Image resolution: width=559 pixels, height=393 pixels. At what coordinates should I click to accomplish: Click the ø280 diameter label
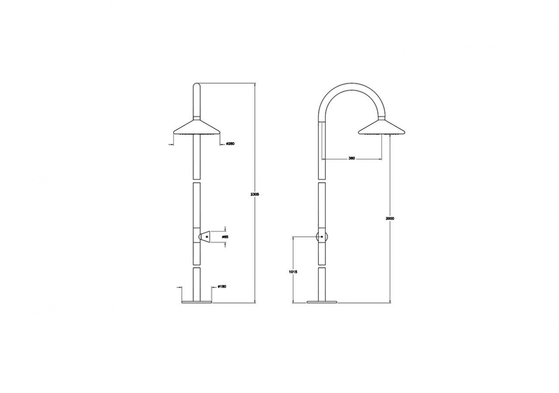231,144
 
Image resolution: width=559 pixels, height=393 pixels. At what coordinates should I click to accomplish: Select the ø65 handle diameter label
225,237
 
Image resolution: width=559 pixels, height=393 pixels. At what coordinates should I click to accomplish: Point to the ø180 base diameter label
222,287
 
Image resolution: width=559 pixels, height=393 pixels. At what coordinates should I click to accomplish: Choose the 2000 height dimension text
390,218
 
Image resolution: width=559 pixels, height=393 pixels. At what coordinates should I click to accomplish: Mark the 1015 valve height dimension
293,272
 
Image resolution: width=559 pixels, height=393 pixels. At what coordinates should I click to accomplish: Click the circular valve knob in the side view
322,237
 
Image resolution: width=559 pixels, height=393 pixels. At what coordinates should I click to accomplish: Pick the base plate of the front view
197,302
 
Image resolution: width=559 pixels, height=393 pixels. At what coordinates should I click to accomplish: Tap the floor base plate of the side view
322,302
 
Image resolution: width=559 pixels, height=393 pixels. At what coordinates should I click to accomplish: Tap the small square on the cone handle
207,237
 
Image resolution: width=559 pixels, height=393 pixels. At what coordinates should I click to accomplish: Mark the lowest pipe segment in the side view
322,284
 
